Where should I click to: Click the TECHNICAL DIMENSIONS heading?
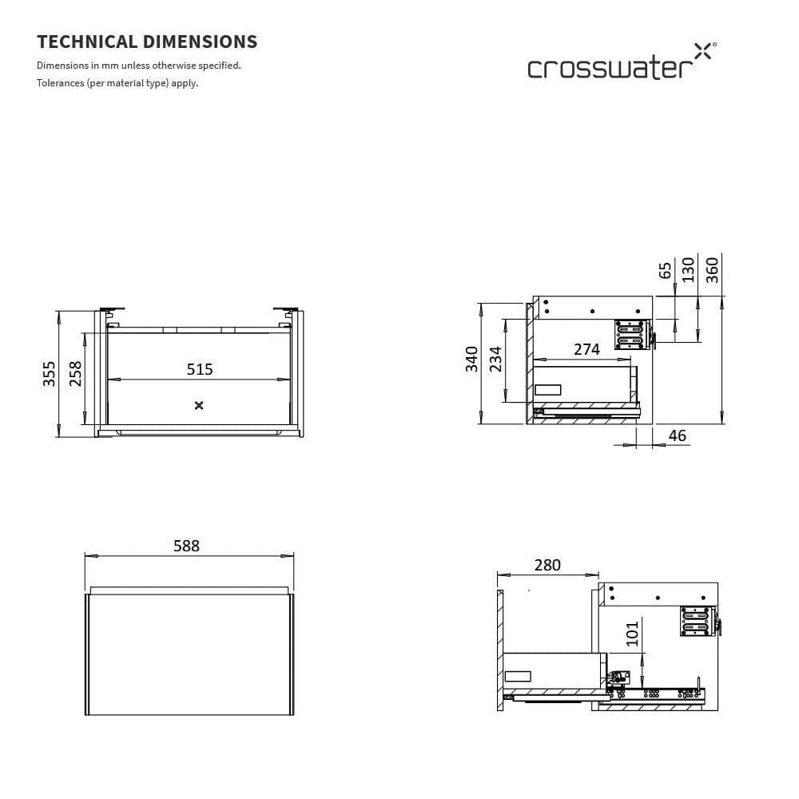coord(147,42)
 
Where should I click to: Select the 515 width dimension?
coord(200,369)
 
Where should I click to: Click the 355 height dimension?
coord(50,374)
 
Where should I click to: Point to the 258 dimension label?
coord(76,374)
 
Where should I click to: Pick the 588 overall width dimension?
coord(187,546)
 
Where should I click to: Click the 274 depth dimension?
coord(586,349)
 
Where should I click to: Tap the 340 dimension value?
coord(471,359)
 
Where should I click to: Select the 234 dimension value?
coord(495,359)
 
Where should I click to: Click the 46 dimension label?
coord(677,436)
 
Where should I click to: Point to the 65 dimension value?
coord(666,269)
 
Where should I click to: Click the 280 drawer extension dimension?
coord(547,565)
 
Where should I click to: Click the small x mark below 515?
coord(199,405)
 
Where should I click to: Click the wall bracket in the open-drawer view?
coord(694,621)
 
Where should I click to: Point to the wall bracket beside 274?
coord(630,334)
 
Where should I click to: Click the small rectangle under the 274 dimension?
coord(548,390)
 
